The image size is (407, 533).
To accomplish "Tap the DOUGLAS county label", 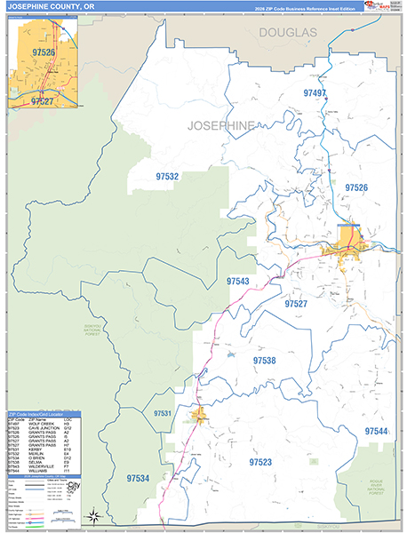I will click(x=287, y=32).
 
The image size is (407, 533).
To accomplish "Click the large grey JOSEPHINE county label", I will click(x=222, y=125).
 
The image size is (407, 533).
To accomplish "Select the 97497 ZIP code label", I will click(x=315, y=93).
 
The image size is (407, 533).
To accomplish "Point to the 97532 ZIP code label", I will click(x=167, y=176).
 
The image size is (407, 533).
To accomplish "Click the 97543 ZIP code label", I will click(x=237, y=281).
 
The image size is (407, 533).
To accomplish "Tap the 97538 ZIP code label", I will click(x=264, y=362).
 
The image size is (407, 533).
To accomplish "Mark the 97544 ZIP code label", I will click(x=376, y=431).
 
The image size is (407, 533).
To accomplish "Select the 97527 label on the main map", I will click(x=296, y=304).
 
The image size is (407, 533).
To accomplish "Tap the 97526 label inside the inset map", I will click(x=41, y=53).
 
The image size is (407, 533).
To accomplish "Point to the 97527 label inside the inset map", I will click(x=42, y=101).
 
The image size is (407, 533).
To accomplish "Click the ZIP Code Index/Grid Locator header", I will click(x=41, y=415).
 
